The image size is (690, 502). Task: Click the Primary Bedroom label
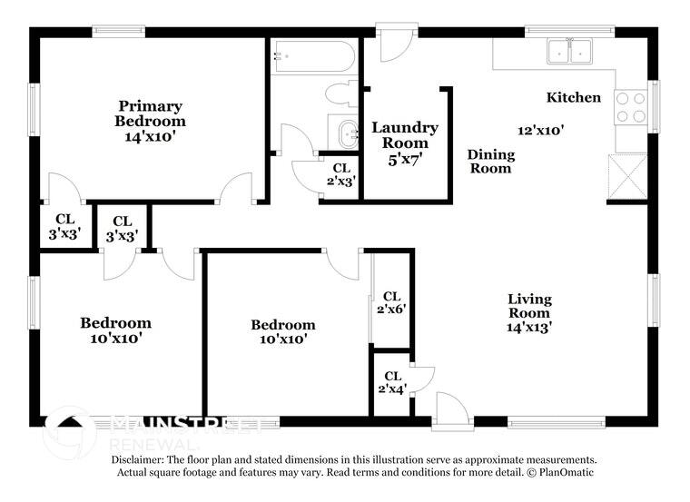[x=150, y=113]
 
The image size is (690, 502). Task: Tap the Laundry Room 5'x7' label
[x=405, y=143]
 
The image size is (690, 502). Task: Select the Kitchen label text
[x=573, y=97]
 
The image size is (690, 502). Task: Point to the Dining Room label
[x=490, y=161]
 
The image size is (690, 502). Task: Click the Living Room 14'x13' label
[x=529, y=312]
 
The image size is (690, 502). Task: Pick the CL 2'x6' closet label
[x=392, y=302]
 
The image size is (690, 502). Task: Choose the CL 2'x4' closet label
[x=392, y=382]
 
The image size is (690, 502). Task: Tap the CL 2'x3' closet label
[x=341, y=173]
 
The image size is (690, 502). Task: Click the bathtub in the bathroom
[x=313, y=58]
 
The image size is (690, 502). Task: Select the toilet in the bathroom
[x=342, y=94]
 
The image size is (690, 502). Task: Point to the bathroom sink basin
[x=347, y=134]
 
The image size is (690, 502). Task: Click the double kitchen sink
[x=570, y=53]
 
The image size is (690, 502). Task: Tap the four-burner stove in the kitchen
[x=631, y=107]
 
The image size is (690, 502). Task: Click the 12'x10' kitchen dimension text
[x=541, y=130]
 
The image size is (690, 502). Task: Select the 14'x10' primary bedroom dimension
[x=150, y=136]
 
